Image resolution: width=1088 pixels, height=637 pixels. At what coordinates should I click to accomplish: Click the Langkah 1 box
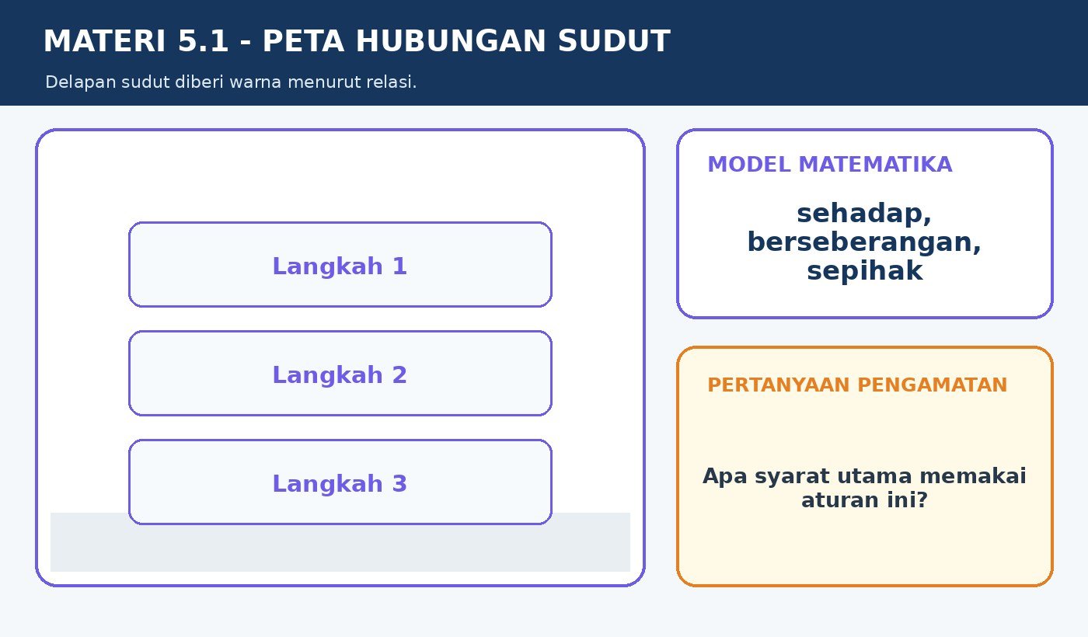click(x=340, y=265)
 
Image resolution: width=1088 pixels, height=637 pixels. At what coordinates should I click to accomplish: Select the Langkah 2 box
click(x=340, y=374)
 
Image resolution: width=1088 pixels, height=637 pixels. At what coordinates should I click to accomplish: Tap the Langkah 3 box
click(x=340, y=482)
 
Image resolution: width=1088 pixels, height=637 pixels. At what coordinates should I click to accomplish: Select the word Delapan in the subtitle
click(x=81, y=82)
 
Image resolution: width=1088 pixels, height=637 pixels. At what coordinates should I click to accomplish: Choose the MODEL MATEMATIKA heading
click(x=830, y=165)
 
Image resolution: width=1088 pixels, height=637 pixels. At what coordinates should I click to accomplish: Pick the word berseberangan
click(x=864, y=242)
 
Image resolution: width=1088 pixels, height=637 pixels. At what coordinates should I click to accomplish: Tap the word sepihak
click(x=864, y=271)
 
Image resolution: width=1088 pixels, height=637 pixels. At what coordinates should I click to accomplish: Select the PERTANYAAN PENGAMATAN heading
click(x=857, y=385)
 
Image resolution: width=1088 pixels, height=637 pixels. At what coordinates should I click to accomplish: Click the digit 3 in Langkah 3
click(x=399, y=483)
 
